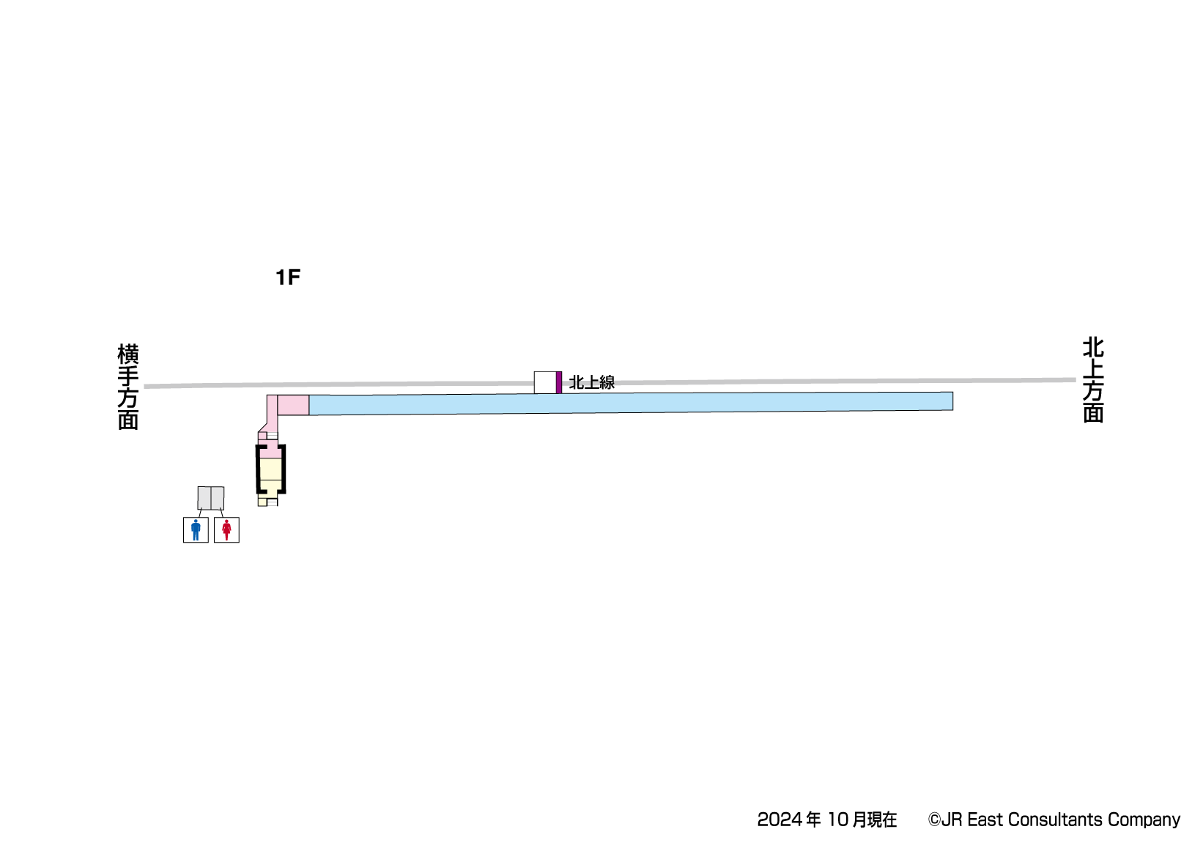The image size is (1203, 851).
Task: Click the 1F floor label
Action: click(288, 277)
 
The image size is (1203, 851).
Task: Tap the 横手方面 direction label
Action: click(128, 387)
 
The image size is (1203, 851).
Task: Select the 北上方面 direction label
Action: click(1093, 380)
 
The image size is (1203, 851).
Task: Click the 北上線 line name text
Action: click(592, 382)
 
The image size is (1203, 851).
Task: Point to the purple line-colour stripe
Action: click(559, 382)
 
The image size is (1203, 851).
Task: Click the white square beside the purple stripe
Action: click(545, 382)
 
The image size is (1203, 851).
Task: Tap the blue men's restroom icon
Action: click(196, 530)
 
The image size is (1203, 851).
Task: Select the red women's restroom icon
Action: click(226, 530)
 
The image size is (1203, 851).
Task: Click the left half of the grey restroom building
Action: click(204, 498)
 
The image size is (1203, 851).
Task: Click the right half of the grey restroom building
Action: click(218, 498)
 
